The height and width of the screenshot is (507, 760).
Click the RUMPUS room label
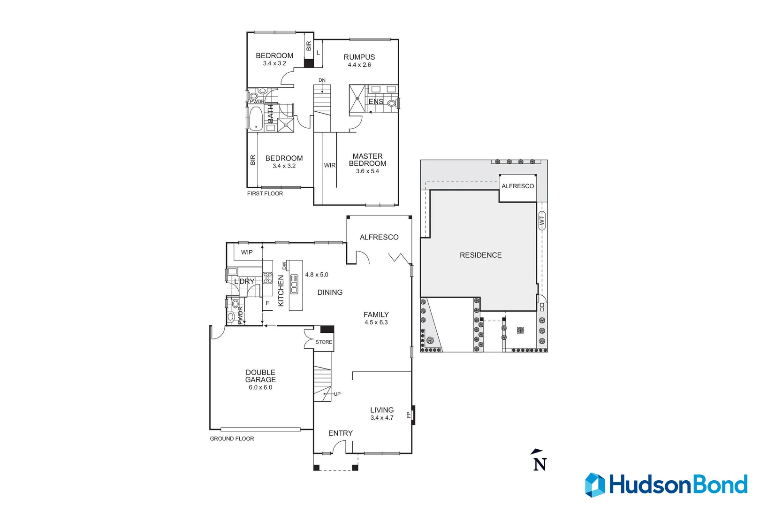359,57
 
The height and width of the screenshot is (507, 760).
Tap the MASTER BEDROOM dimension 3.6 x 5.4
367,171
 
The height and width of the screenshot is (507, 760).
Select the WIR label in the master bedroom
330,165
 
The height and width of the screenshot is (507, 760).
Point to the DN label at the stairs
322,80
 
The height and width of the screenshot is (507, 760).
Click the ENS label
376,101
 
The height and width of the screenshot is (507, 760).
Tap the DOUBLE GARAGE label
260,376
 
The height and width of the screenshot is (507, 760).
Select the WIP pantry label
247,252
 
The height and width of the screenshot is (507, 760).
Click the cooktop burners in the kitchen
267,277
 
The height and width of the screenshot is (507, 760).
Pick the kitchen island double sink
294,284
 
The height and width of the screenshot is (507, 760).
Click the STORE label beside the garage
324,342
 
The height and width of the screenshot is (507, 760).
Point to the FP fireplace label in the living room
409,415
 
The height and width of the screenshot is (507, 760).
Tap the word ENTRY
340,433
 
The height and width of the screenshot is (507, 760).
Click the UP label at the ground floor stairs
337,394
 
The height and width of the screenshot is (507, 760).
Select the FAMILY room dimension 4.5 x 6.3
376,323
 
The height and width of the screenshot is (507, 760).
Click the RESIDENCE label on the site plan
480,255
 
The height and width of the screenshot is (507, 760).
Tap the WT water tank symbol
542,220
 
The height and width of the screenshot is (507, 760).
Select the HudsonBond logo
666,484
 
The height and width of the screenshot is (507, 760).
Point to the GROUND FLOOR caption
232,438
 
